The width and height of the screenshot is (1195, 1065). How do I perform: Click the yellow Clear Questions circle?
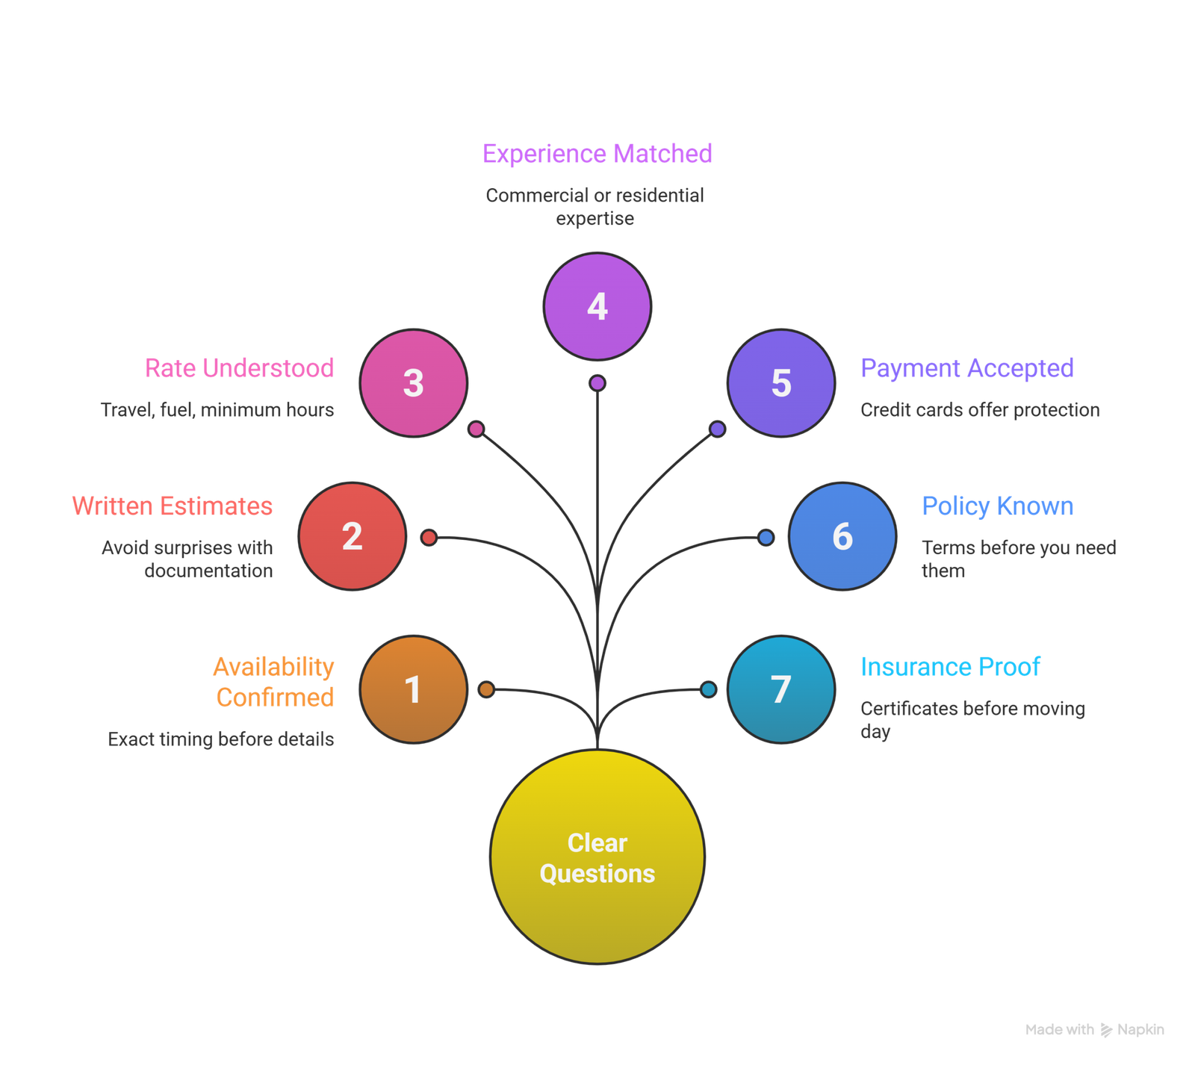click(x=597, y=857)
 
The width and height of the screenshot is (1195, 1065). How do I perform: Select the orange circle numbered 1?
click(x=413, y=689)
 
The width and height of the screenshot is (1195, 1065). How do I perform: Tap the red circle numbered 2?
click(x=352, y=536)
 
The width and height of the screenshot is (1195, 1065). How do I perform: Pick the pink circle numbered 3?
click(x=413, y=383)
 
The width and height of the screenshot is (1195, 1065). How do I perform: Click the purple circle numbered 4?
click(x=597, y=306)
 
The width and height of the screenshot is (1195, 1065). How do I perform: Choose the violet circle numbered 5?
click(x=781, y=383)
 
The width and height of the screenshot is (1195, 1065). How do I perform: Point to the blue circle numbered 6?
click(x=842, y=536)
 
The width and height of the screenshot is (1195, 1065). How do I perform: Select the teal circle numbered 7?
click(x=781, y=689)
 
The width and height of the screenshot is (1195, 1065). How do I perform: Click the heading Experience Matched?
click(x=597, y=154)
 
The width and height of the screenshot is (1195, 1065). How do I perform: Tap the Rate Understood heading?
click(x=240, y=368)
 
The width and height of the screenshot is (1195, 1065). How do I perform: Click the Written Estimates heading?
click(x=173, y=506)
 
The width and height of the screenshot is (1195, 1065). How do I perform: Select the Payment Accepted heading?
click(x=967, y=368)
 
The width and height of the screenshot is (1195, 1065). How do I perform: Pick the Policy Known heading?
click(x=998, y=506)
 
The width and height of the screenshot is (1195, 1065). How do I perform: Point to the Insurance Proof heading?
click(x=950, y=666)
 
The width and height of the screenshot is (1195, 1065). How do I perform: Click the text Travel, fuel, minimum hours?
click(x=217, y=410)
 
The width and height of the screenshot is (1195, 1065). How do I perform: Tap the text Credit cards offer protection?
click(x=980, y=410)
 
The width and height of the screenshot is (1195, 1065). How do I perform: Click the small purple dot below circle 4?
click(x=597, y=383)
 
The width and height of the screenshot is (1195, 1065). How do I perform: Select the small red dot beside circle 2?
click(x=429, y=537)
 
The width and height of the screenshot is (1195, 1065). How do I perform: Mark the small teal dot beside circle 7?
click(x=708, y=689)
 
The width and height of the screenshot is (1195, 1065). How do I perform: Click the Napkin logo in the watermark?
click(x=1106, y=1031)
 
